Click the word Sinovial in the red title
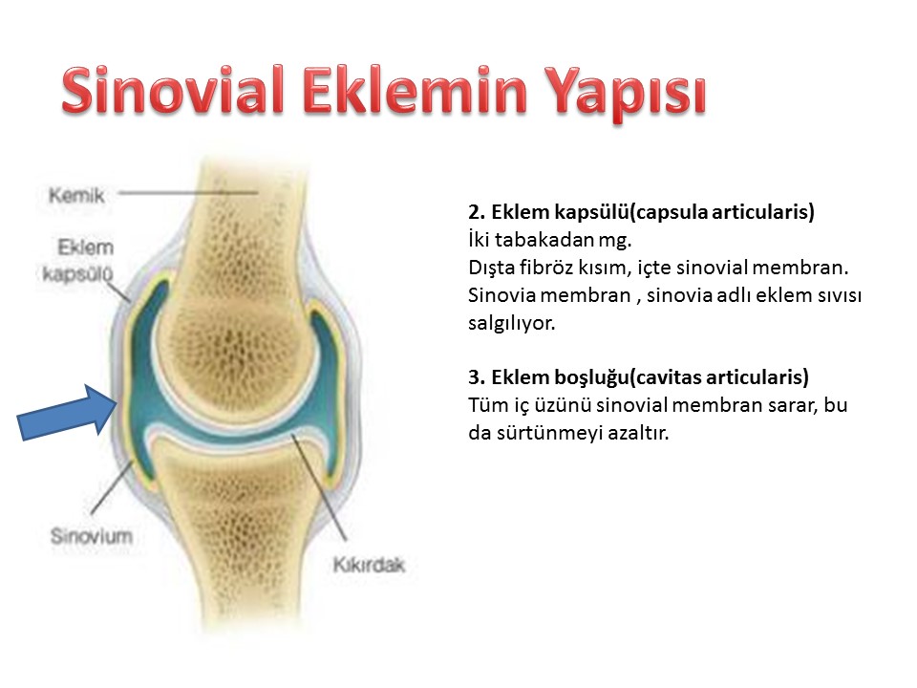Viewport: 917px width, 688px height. (x=173, y=90)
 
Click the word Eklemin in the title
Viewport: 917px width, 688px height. (x=415, y=90)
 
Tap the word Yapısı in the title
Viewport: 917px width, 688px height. (x=625, y=95)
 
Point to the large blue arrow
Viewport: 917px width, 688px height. (x=68, y=412)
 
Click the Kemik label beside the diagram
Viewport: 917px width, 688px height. (x=76, y=195)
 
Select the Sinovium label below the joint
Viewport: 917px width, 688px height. (x=92, y=536)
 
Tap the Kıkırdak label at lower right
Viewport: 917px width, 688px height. (x=369, y=565)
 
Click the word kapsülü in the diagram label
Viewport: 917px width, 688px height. (x=77, y=273)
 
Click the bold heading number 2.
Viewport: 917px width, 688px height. (x=476, y=212)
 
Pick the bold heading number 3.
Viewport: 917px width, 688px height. (x=476, y=377)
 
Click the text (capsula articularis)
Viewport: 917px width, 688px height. (x=722, y=212)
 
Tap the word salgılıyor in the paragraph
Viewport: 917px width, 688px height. (x=511, y=323)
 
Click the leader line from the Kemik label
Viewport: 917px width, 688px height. (x=188, y=192)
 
